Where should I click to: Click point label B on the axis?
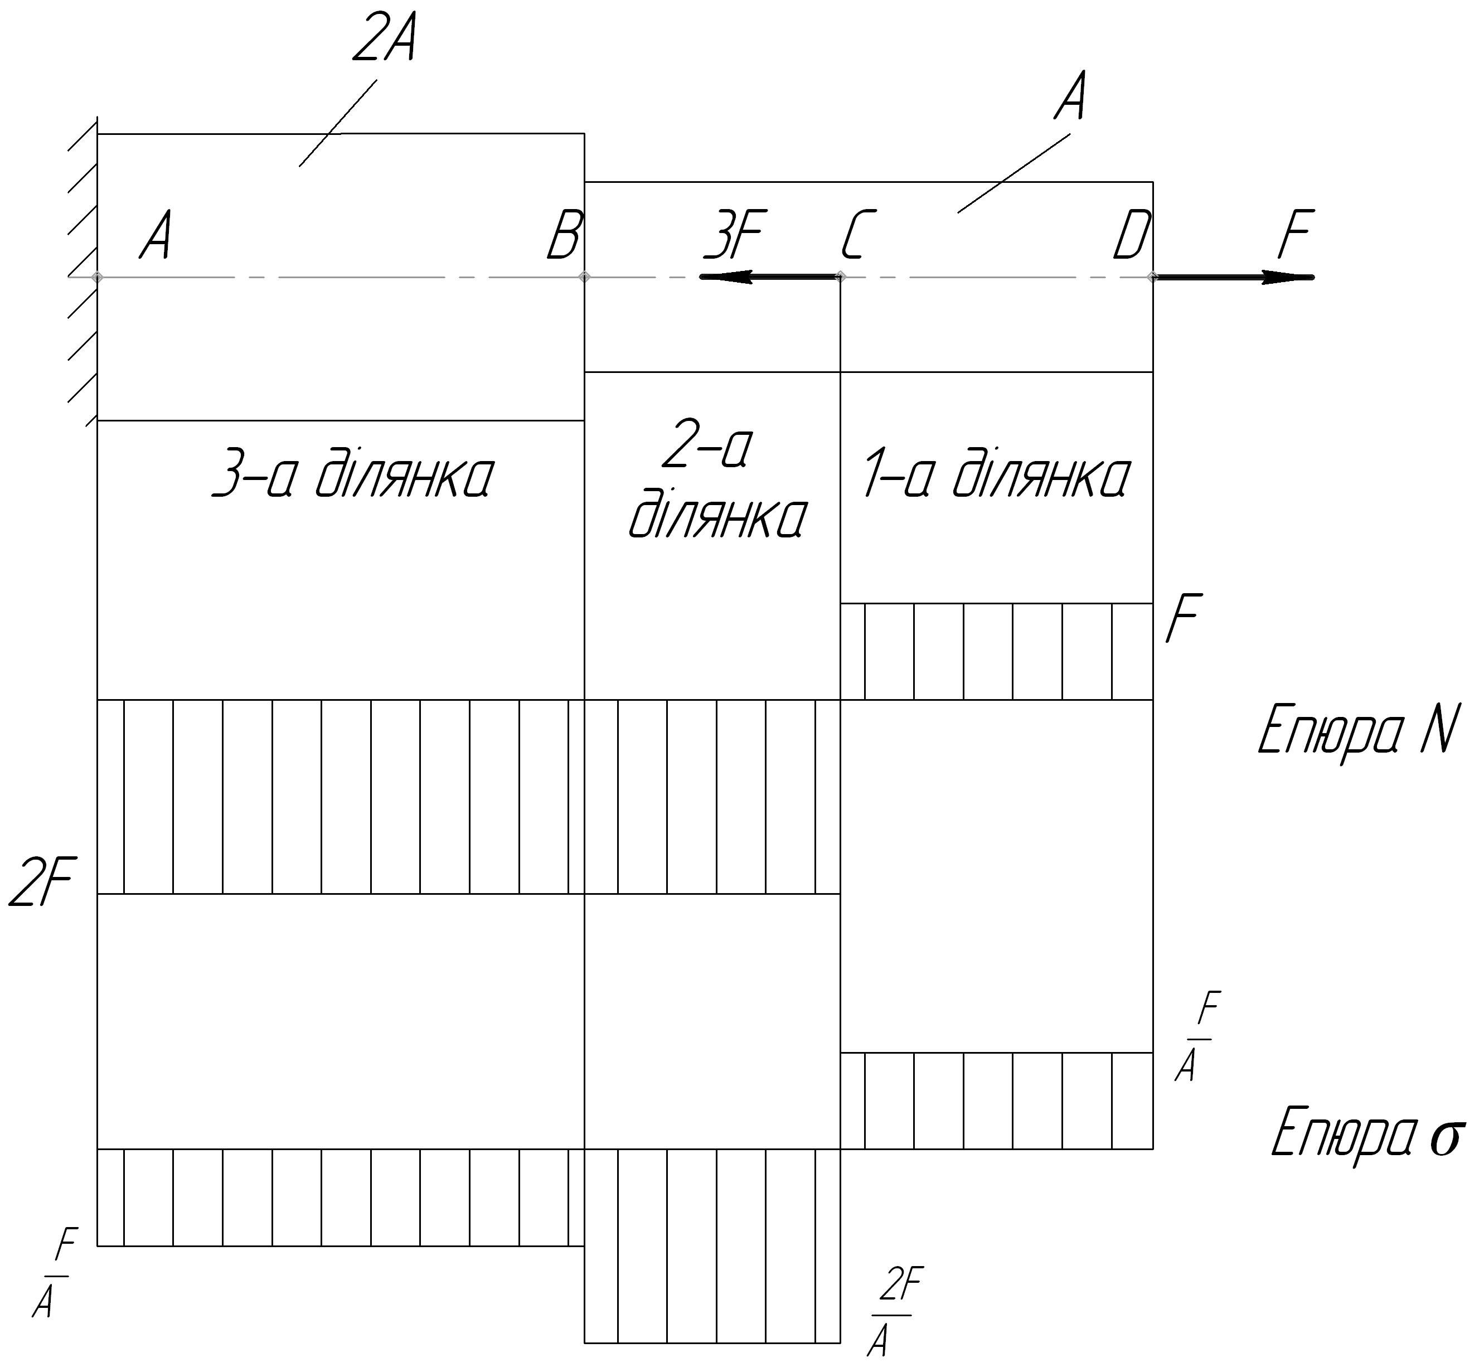coord(565,235)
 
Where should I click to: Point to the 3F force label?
coord(735,235)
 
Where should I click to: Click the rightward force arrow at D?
coord(1233,277)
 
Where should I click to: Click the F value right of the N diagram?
coord(1184,618)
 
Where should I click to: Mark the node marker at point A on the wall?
coord(97,277)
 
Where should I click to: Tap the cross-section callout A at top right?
coord(1070,96)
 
